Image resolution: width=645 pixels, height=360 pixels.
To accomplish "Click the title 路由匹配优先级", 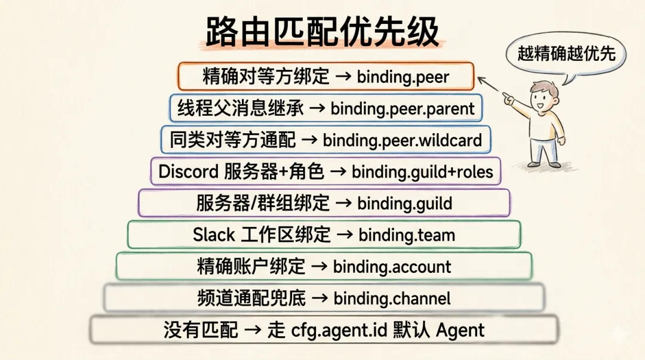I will coord(322,32).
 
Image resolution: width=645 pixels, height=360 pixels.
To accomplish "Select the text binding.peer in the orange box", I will coord(403,76).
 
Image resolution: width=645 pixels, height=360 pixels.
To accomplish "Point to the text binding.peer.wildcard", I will coord(402,140).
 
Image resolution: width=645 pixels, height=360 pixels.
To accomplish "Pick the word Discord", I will coord(188,172).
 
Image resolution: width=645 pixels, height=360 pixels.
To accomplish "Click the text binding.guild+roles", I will coord(422,172).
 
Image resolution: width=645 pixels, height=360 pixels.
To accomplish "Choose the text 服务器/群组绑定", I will coord(263,204).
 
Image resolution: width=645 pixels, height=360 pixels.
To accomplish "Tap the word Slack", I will coord(214,235).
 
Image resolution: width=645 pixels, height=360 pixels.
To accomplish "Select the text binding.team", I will coord(407,235).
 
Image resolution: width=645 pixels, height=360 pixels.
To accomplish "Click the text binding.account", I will coord(392,267).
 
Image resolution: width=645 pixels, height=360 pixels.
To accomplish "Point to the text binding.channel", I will coord(392,299).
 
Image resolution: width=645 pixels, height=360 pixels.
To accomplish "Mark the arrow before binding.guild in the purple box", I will coord(343,204).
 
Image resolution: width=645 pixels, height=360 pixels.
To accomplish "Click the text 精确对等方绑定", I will coord(266,76).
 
